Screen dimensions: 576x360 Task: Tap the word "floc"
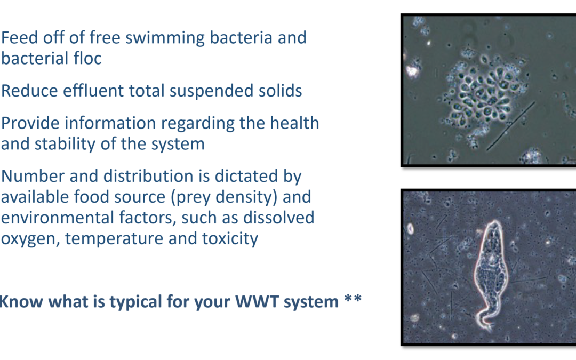point(87,59)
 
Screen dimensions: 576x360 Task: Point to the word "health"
point(294,123)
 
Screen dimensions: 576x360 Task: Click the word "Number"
point(33,176)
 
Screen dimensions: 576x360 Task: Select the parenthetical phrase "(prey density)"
point(223,197)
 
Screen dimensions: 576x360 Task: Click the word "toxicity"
point(230,239)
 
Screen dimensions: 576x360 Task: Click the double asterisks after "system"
point(353,298)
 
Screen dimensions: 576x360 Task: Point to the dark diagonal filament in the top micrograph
point(510,126)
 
